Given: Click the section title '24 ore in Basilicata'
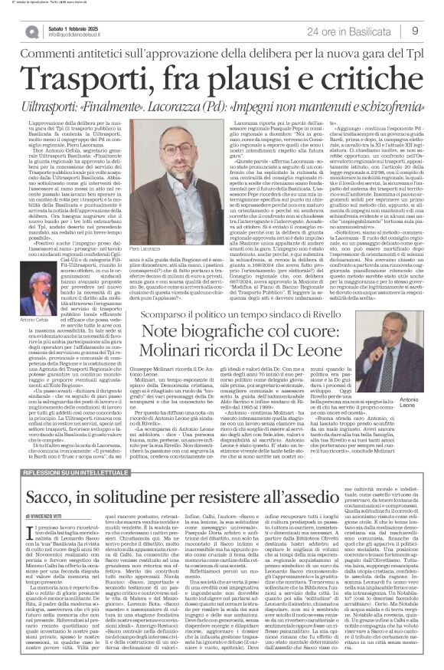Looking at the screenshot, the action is tap(349, 31).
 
